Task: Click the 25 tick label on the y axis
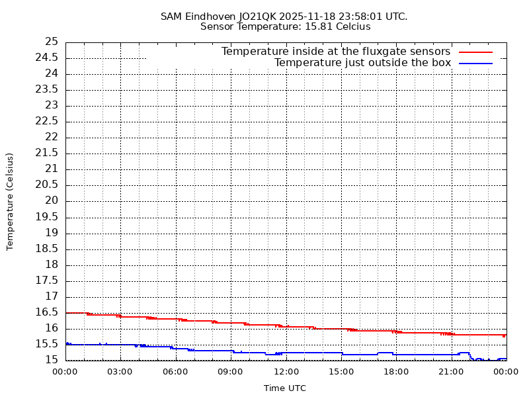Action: coord(52,42)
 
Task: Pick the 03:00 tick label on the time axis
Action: coord(120,372)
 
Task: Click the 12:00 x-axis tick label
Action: coord(285,372)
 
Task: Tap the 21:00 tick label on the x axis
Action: coord(450,372)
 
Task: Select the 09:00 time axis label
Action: coord(230,372)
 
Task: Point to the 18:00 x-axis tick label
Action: coord(395,372)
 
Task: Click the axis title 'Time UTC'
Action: coord(285,388)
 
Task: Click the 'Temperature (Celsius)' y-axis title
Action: coord(10,201)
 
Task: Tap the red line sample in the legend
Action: coord(476,52)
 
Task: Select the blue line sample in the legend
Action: coord(476,64)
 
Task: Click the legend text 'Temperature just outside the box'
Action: coord(362,63)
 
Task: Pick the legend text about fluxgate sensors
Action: coord(336,52)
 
